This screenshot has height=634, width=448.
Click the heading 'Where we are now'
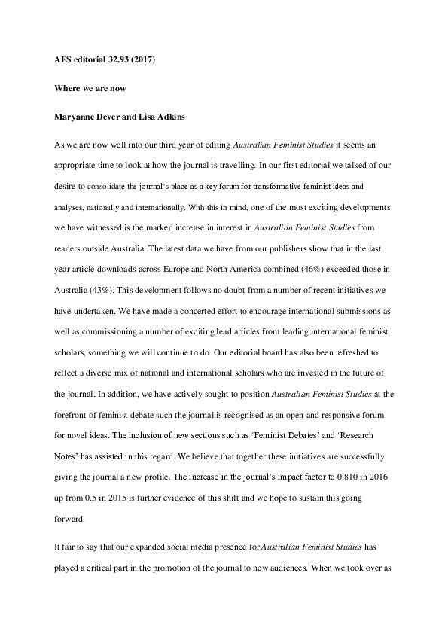click(88, 88)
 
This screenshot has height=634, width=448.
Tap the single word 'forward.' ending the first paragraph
click(69, 519)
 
